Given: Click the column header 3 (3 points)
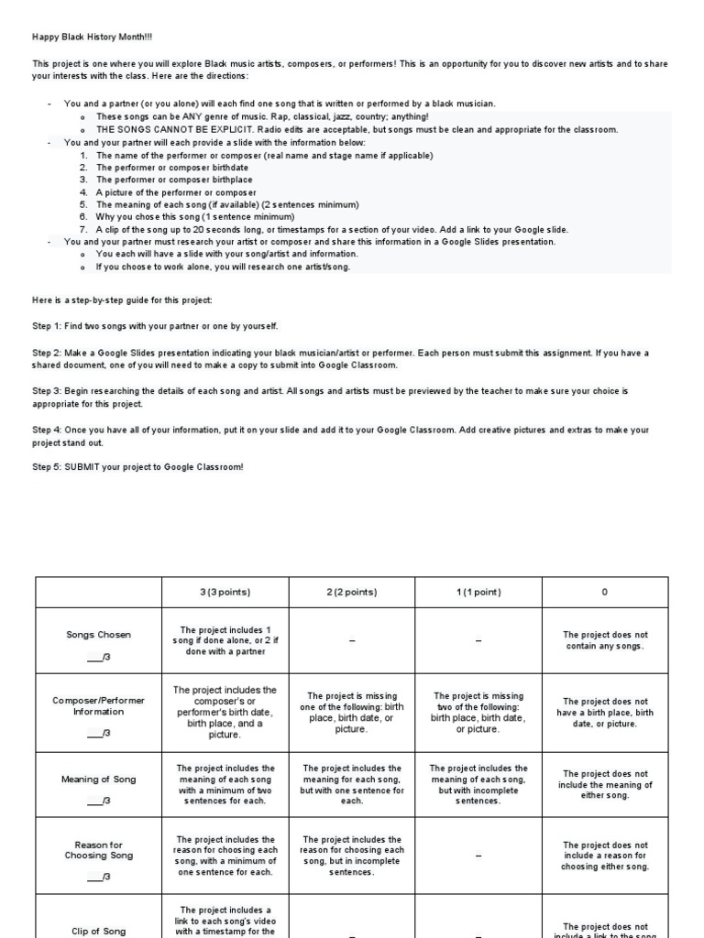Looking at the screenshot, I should pos(225,592).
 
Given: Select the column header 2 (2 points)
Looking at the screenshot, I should pos(351,592).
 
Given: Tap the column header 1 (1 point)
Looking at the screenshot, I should pos(478,592).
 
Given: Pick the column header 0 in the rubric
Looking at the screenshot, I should pos(604,592).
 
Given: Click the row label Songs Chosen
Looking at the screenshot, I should pos(98,634).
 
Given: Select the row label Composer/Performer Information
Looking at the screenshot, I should pos(98,705).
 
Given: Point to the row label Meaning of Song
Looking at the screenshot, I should pos(98,780).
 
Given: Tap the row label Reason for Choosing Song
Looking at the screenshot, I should pos(98,850).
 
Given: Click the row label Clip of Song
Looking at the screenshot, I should pos(98,931).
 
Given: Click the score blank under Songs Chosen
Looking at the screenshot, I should pos(98,658).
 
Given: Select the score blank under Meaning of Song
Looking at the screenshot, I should pos(98,802).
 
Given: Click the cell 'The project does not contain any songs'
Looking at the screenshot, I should pos(604,640).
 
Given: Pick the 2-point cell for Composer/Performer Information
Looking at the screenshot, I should pos(351,713).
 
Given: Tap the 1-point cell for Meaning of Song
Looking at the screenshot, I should pos(478,784).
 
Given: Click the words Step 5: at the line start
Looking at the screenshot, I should pos(49,467).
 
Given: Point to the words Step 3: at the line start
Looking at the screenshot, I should pos(49,390).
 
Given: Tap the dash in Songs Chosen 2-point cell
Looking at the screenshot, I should pos(351,641).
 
